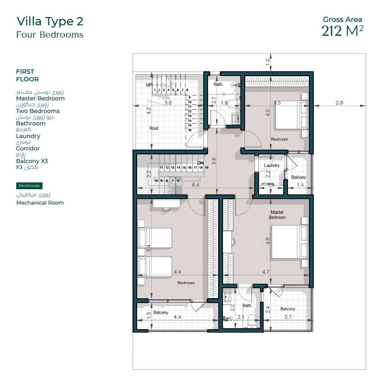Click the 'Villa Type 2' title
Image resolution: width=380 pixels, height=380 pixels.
point(50,22)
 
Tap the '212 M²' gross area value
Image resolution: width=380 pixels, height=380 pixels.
point(342,31)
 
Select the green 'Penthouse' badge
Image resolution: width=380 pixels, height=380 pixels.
point(29,186)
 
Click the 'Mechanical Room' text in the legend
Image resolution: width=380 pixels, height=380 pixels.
point(40,203)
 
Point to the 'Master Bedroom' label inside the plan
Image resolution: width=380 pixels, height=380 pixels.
point(277,215)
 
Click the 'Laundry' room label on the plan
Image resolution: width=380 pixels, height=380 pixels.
point(272,165)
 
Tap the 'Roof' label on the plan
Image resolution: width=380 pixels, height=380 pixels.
point(154,128)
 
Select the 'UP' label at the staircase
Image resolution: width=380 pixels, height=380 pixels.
point(149,85)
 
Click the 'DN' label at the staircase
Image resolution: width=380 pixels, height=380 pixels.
point(200,163)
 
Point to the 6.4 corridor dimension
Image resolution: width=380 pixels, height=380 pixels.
point(195,185)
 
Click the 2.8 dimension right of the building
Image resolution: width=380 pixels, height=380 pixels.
point(339,103)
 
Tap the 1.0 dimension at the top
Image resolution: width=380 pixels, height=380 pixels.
point(268,62)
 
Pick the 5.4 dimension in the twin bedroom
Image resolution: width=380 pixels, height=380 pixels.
point(149,248)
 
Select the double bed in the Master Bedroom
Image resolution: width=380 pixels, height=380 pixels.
point(290,242)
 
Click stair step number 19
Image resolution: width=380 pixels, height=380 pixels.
point(206,168)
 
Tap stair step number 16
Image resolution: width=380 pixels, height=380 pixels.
point(190,130)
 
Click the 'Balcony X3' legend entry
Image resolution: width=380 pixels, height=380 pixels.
point(32,161)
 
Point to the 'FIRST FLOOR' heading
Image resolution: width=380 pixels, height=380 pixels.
point(28,75)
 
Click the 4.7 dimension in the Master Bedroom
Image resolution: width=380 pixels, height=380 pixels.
point(266,272)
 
